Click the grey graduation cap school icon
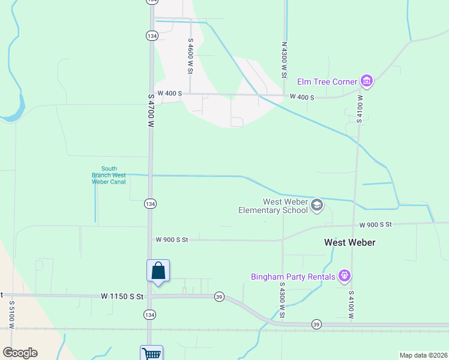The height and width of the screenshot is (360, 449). [x=317, y=206]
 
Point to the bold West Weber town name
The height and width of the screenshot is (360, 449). [x=349, y=242]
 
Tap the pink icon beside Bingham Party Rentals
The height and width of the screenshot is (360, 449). [x=344, y=276]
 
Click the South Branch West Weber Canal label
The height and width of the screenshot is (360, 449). [x=109, y=175]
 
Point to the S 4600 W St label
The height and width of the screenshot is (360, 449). [x=190, y=56]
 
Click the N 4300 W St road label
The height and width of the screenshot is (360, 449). [x=284, y=59]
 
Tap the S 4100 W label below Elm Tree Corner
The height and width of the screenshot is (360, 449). [x=360, y=109]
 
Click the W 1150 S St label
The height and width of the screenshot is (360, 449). [x=122, y=296]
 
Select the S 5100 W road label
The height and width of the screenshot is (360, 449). [x=11, y=312]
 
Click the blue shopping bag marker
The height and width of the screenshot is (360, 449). [x=158, y=271]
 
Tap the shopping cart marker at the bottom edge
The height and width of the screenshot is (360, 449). [x=151, y=354]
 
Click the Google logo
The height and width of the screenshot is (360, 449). [x=20, y=353]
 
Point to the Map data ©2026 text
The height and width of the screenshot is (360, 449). [x=423, y=355]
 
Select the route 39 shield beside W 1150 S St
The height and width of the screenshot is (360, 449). [x=220, y=296]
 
